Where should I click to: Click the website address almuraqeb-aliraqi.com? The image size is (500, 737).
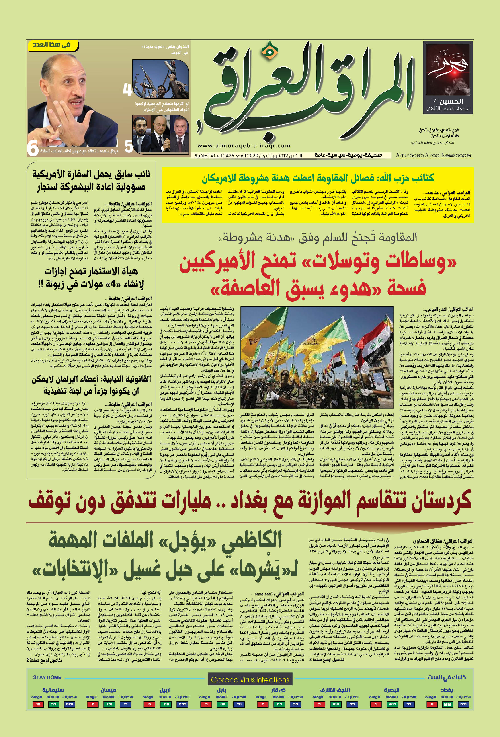(244, 146)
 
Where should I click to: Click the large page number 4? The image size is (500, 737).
(127, 90)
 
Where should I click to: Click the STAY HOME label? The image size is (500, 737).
(47, 677)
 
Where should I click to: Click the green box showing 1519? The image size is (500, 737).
(447, 704)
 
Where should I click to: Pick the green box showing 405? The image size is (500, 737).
(392, 704)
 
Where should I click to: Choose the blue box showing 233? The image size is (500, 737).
(183, 704)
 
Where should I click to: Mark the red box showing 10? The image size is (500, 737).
(38, 704)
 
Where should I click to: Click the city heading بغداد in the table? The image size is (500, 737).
(447, 690)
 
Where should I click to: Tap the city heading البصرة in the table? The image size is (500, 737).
(391, 690)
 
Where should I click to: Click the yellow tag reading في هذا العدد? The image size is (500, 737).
(53, 45)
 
